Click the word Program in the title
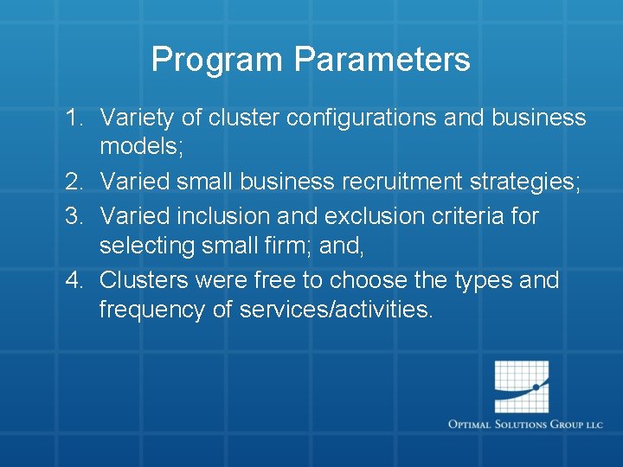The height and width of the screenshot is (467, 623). (217, 61)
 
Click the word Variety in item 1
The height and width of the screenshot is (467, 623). (136, 118)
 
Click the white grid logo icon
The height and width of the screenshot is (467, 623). (522, 387)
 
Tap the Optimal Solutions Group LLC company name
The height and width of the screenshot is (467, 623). (525, 425)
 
